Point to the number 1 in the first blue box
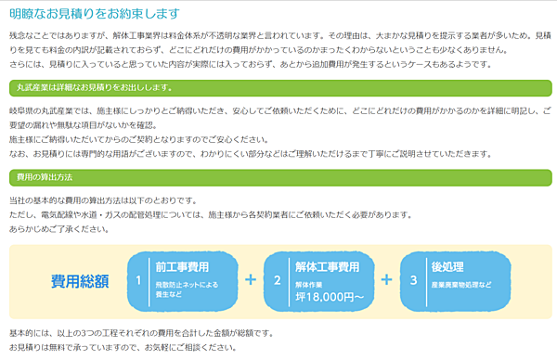[x=137, y=279]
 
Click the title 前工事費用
[x=182, y=266]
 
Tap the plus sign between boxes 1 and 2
[x=250, y=279]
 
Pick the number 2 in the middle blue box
[x=277, y=279]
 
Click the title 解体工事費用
[x=327, y=266]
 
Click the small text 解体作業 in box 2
[x=310, y=284]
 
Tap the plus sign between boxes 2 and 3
[x=387, y=279]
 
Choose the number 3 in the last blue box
[x=413, y=279]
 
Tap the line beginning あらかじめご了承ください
[x=57, y=228]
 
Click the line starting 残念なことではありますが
[x=278, y=33]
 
